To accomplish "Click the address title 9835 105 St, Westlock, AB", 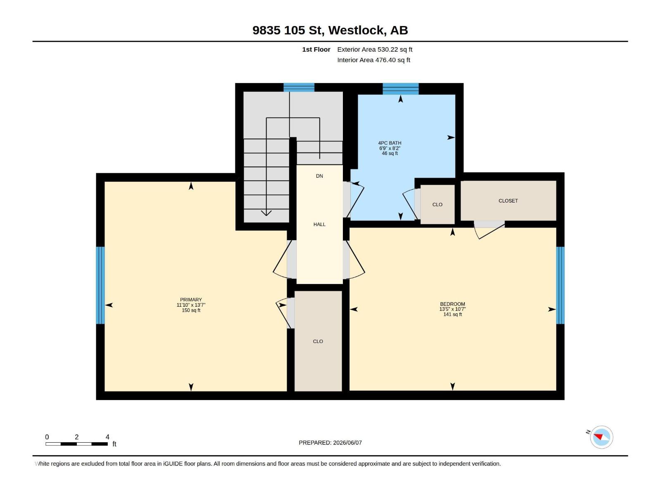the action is [x=330, y=30].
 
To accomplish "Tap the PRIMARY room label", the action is [x=191, y=300].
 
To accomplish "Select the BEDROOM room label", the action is [x=452, y=304].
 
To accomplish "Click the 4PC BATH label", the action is [x=390, y=143].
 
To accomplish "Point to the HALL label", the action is [x=319, y=224].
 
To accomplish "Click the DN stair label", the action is [x=319, y=176].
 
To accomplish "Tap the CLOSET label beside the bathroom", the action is [x=508, y=201].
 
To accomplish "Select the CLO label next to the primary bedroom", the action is [x=318, y=341].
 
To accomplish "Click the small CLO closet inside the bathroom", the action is [x=437, y=205].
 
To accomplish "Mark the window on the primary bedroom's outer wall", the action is [x=100, y=285].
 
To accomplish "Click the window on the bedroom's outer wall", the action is [x=560, y=285].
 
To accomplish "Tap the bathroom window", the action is [x=400, y=89].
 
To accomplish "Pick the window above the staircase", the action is [x=299, y=87].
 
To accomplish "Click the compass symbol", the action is [x=602, y=437].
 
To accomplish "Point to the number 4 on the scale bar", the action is [x=107, y=437].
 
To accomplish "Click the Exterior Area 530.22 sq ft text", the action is [x=375, y=49].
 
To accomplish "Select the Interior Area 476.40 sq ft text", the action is [x=373, y=60].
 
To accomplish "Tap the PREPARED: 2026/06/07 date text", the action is [x=330, y=443].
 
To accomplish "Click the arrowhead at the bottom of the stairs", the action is [x=266, y=213].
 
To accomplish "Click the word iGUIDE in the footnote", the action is [x=173, y=464].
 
